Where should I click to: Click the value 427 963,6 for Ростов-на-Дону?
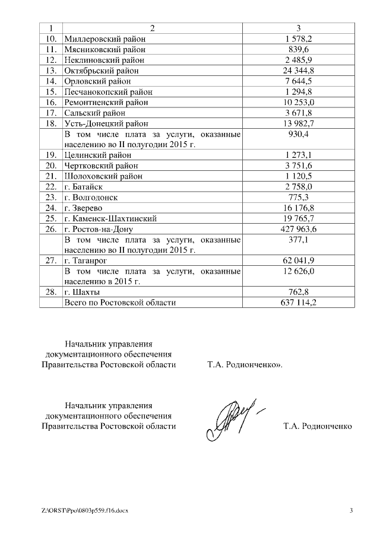tap(298, 229)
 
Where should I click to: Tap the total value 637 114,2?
tap(298, 303)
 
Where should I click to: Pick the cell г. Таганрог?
tap(87, 260)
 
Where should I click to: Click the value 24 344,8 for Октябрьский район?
tap(298, 71)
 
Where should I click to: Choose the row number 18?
tap(51, 123)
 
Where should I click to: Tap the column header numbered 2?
tap(152, 28)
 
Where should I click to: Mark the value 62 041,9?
tap(298, 260)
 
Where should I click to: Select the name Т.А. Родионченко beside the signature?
tap(318, 426)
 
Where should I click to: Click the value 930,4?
tap(298, 135)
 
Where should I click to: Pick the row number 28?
tap(51, 292)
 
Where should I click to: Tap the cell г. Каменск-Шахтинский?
tap(106, 218)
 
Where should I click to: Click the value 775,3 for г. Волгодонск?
tap(298, 197)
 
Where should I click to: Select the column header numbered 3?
tap(298, 28)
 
